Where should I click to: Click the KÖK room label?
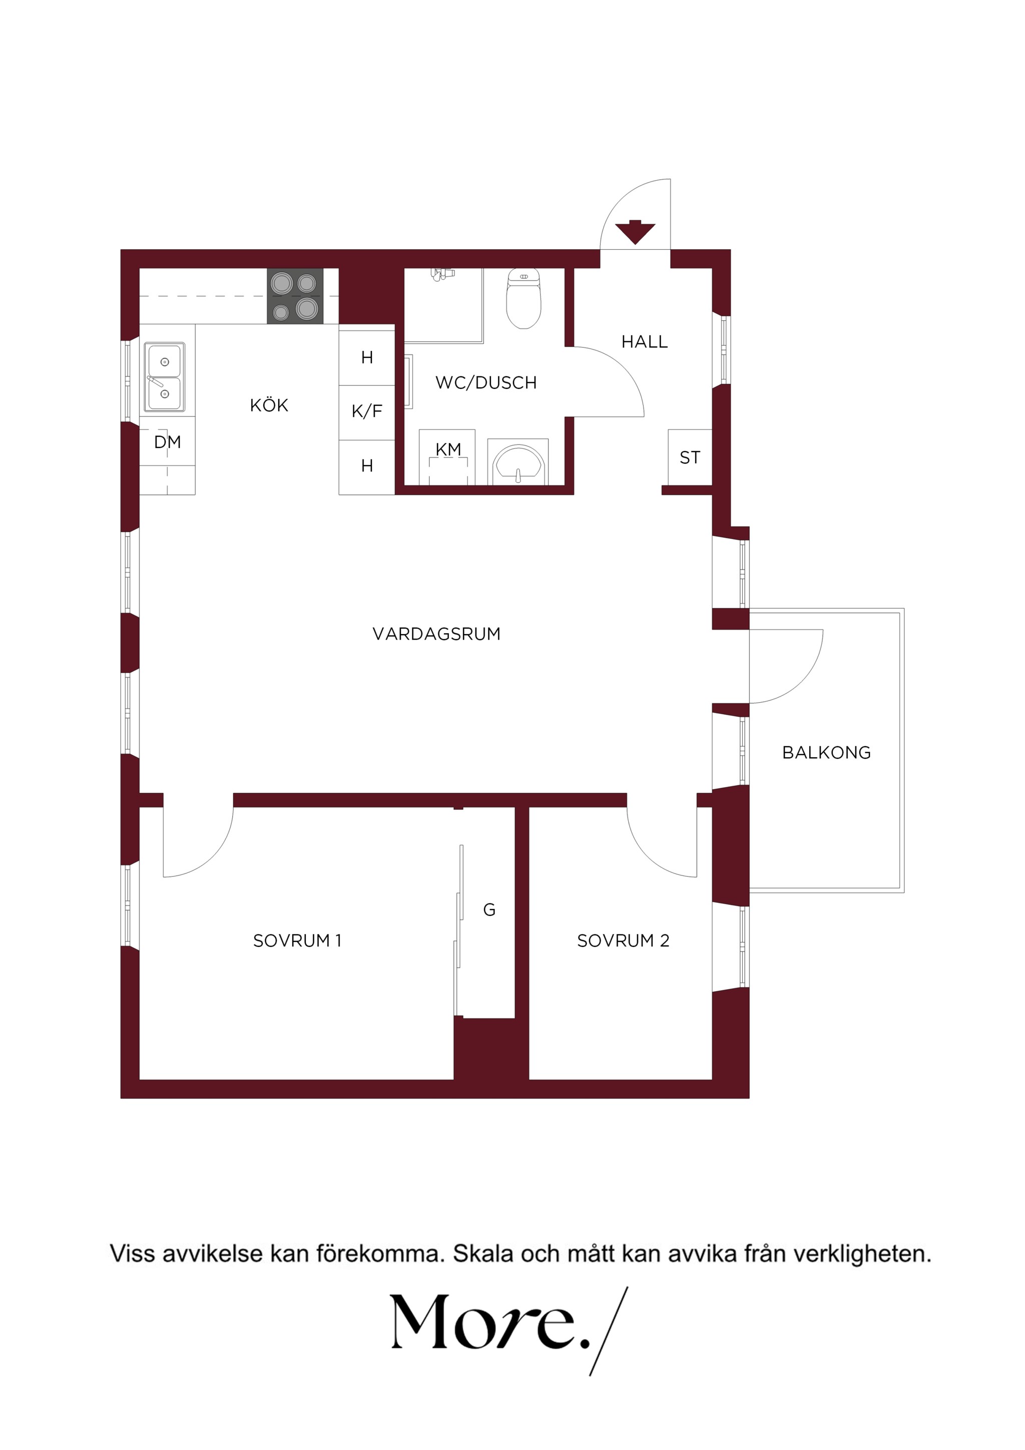(269, 405)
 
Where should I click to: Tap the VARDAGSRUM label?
(436, 634)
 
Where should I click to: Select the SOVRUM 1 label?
(297, 941)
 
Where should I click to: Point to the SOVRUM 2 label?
(623, 941)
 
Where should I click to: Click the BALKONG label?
(826, 753)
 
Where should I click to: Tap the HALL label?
(644, 342)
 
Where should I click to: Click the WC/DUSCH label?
(485, 383)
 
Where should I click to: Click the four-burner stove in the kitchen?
(295, 296)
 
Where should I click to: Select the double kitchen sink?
(165, 377)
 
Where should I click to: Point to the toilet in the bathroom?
(524, 298)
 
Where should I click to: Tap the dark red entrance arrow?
(635, 232)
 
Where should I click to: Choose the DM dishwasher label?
(167, 442)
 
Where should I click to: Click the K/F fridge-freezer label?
(367, 412)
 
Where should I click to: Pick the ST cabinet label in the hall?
(690, 457)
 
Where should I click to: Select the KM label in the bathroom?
(448, 449)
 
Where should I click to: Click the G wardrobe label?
(489, 910)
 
